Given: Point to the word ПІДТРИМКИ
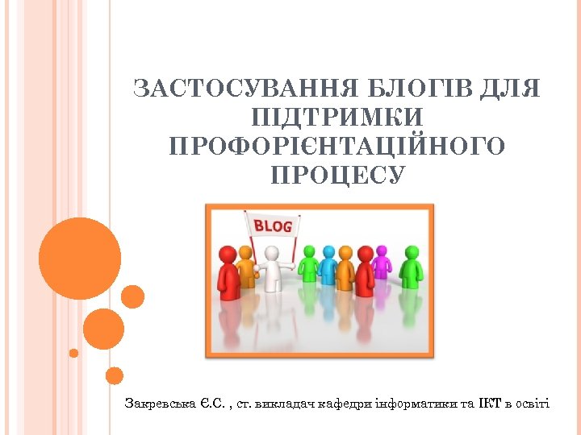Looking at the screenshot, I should (x=336, y=118).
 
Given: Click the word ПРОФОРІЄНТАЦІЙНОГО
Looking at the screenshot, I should (x=336, y=147).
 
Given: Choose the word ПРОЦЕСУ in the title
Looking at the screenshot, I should (x=336, y=176).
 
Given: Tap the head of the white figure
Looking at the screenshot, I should (x=273, y=253).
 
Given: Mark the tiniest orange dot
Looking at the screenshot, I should (x=73, y=353).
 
